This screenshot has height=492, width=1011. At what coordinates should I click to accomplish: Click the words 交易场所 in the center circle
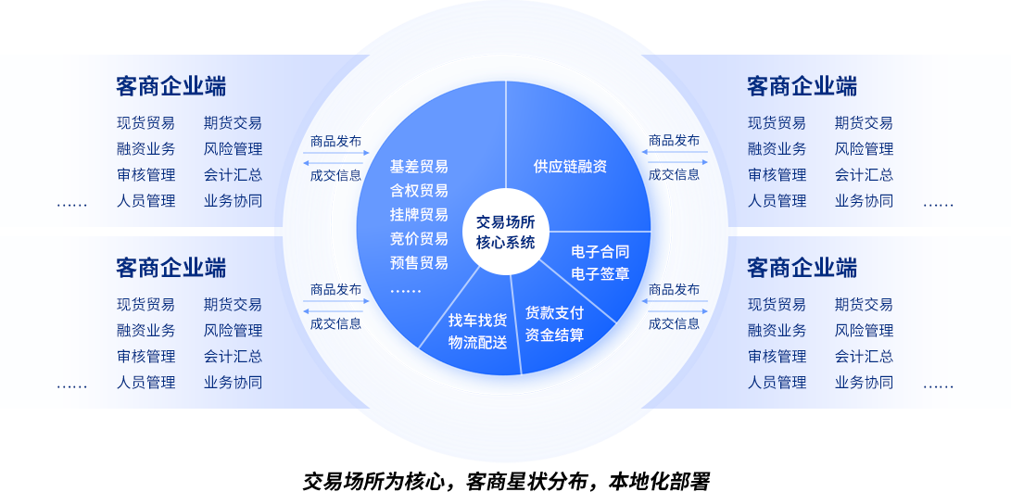[x=505, y=222]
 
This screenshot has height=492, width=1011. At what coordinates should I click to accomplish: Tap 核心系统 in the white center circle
[x=505, y=243]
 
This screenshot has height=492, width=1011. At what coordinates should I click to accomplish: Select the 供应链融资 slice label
[x=570, y=167]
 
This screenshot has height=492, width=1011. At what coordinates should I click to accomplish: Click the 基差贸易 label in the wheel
[x=419, y=167]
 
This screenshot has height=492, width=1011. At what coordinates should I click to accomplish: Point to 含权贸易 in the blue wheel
[x=419, y=191]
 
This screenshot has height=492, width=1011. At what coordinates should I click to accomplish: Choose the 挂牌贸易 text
[x=419, y=215]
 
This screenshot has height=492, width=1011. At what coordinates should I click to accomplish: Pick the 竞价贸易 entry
[x=419, y=239]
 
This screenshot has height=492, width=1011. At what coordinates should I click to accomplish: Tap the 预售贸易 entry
[x=419, y=263]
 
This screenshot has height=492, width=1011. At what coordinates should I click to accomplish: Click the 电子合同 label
[x=600, y=252]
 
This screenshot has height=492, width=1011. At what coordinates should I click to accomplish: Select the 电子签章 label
[x=600, y=274]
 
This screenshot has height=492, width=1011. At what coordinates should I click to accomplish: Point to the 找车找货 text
[x=477, y=321]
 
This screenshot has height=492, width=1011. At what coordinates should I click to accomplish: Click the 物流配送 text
[x=477, y=343]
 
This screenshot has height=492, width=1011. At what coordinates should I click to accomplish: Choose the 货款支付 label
[x=554, y=313]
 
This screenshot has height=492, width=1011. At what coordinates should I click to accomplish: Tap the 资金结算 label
[x=554, y=335]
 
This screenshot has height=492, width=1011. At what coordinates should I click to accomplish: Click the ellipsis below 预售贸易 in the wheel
[x=405, y=290]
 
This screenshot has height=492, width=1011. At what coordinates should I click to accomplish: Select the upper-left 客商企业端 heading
[x=171, y=86]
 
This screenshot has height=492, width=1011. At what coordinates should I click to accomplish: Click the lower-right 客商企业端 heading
[x=802, y=268]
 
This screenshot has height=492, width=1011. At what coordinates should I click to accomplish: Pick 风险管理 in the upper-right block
[x=863, y=149]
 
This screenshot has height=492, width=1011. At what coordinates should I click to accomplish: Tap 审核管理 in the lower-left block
[x=145, y=357]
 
